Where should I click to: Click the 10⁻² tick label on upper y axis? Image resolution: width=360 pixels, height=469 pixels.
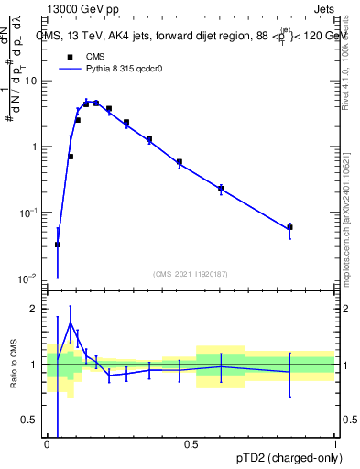tap(31, 278)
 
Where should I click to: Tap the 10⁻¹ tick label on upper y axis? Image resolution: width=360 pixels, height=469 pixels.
tap(31, 213)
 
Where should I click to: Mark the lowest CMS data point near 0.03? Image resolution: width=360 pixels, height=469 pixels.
tap(57, 245)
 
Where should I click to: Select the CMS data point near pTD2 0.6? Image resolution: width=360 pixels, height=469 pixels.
tap(221, 189)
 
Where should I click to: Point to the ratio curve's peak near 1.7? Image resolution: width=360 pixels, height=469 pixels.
tap(71, 323)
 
